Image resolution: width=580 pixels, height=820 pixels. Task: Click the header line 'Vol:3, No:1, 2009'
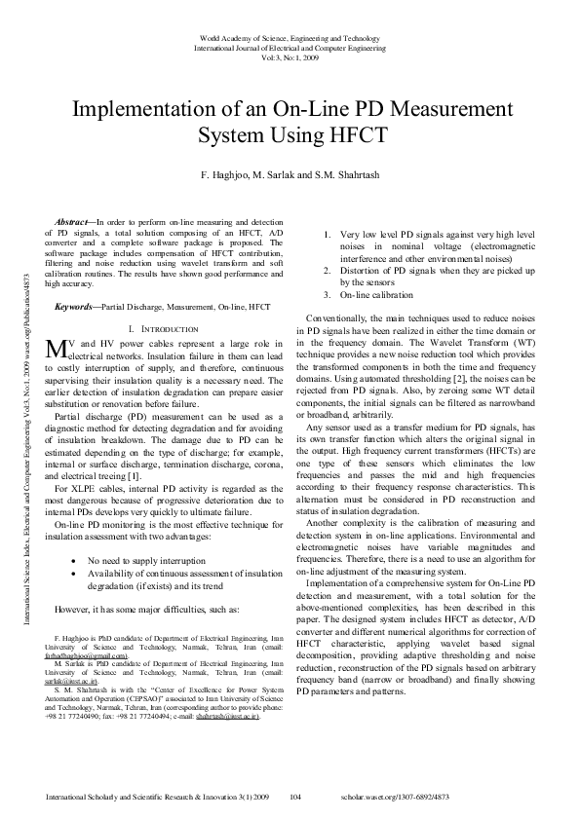[290, 56]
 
